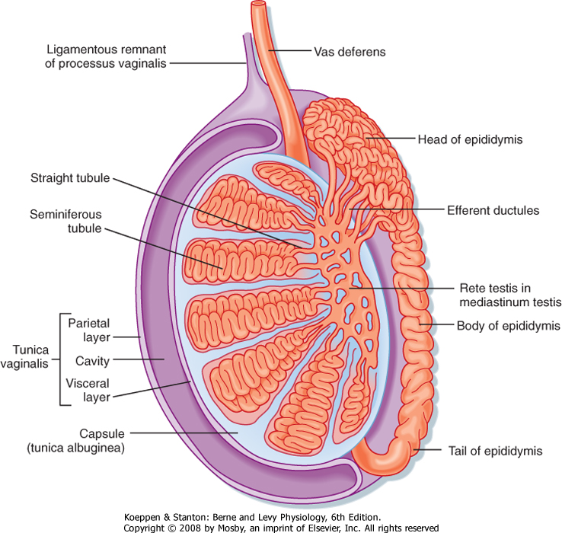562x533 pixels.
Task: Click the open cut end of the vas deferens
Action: pos(260,5)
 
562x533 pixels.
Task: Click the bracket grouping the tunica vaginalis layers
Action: pos(59,359)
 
